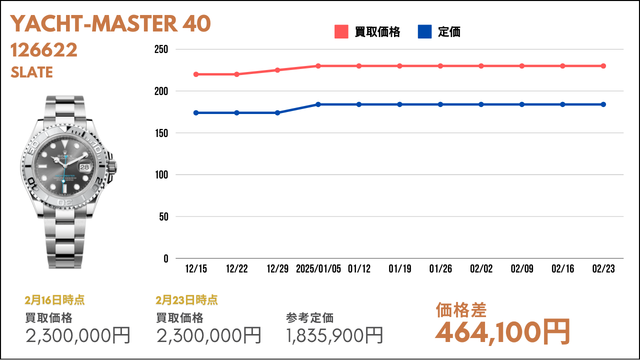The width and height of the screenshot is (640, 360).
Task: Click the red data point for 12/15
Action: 196,74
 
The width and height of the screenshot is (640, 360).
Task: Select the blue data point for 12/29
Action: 277,113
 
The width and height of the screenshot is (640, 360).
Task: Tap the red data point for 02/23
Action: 603,66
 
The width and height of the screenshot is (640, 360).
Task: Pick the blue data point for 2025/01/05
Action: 318,104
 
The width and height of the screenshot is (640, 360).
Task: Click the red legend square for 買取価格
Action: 341,31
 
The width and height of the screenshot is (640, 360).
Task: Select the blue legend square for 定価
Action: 425,31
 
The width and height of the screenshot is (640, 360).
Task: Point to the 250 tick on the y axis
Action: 161,49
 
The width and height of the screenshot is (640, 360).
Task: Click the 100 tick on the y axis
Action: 161,174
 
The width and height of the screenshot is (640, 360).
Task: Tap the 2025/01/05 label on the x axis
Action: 318,268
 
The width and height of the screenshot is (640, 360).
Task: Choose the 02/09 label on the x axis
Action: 522,268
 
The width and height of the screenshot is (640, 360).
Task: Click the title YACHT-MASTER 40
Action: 110,23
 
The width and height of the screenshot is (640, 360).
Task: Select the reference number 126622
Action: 44,50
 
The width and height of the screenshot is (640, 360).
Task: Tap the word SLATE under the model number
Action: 31,72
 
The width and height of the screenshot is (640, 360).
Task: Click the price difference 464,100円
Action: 503,332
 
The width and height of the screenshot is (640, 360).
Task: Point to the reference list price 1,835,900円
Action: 334,335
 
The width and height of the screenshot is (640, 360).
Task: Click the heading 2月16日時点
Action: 54,300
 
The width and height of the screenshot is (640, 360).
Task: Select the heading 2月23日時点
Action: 186,300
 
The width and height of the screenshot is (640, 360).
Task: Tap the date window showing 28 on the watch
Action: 84,167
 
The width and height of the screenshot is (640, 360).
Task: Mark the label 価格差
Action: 461,310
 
